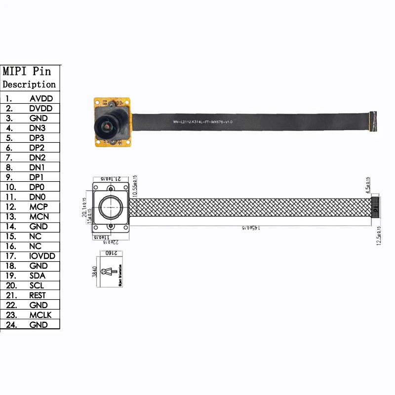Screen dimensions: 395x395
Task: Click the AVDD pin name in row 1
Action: tap(41, 98)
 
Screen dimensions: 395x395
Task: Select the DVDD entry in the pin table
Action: tap(41, 108)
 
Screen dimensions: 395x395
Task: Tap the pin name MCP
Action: tap(39, 207)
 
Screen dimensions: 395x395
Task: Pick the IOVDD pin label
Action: tap(42, 256)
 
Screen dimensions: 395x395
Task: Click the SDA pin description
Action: tap(38, 276)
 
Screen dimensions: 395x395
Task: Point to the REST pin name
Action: tap(38, 295)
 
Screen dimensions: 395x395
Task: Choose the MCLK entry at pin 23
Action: tap(40, 315)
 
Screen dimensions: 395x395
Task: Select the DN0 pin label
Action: tap(38, 197)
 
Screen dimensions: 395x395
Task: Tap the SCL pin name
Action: tap(37, 285)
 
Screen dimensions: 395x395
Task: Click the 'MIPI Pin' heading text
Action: tap(27, 71)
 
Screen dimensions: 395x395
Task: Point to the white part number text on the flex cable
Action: tap(202, 122)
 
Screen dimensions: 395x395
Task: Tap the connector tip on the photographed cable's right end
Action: tap(374, 121)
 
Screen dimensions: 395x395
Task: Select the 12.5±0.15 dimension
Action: tap(379, 236)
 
